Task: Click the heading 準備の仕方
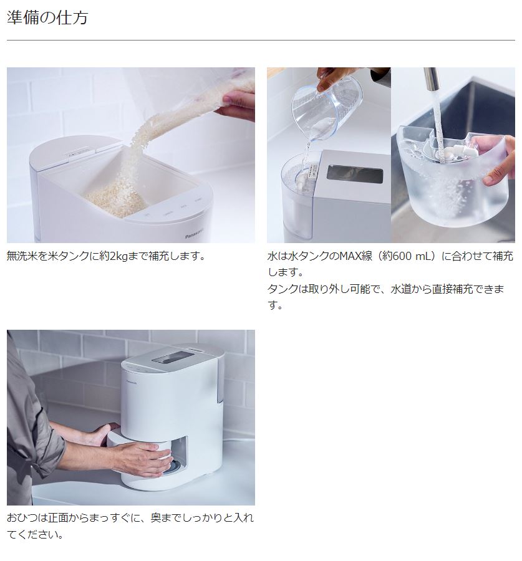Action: click(47, 17)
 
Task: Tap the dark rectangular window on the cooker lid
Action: click(354, 174)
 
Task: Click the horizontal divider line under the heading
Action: click(261, 41)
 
